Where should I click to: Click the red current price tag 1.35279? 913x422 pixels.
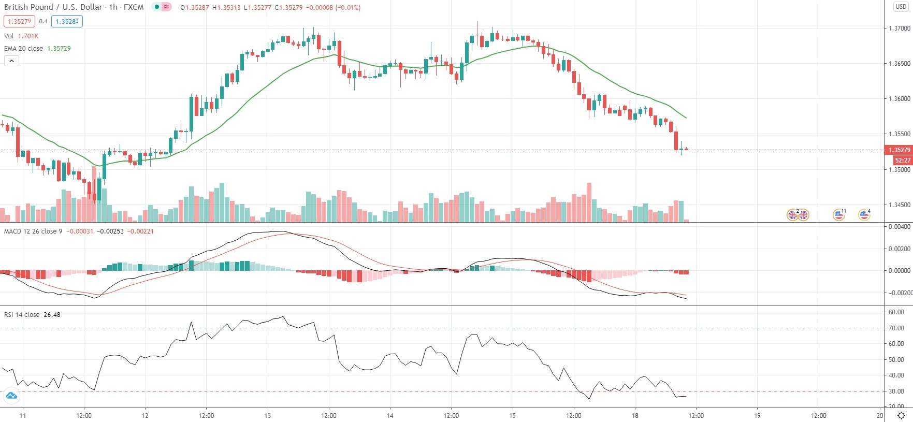(x=899, y=150)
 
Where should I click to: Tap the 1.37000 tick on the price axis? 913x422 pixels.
(x=899, y=28)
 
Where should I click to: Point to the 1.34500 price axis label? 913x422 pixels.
(x=899, y=205)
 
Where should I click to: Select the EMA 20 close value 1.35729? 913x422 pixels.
(x=59, y=49)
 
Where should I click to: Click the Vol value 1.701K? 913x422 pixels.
(x=28, y=36)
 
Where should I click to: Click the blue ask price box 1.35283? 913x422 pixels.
(x=67, y=22)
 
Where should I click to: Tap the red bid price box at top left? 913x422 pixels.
(x=19, y=22)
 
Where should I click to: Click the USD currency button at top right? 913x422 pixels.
(x=901, y=7)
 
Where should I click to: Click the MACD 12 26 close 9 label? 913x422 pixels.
(x=33, y=231)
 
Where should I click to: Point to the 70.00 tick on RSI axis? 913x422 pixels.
(x=896, y=328)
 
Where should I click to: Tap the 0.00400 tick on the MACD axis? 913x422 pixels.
(x=899, y=227)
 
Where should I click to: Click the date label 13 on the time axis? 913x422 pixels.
(x=267, y=416)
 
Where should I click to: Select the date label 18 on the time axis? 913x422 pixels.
(x=635, y=416)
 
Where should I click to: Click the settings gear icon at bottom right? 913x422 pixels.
(x=901, y=416)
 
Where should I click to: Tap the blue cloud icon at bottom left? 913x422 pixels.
(x=11, y=396)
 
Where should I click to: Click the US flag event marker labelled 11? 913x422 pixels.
(x=838, y=214)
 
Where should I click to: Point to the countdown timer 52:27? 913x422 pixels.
(x=902, y=161)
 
